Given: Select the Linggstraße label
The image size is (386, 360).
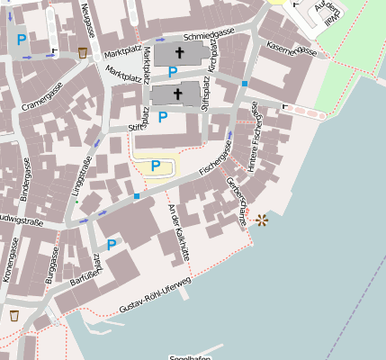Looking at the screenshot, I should click(x=81, y=176).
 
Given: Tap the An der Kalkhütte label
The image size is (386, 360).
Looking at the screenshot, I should click(x=178, y=232).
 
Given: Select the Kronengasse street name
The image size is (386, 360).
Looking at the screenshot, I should click(x=11, y=261).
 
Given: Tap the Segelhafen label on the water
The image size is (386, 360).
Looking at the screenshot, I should click(x=190, y=356).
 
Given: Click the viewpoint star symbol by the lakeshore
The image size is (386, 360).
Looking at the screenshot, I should click(x=262, y=220).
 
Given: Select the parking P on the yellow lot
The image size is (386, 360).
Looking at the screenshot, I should click(x=156, y=166).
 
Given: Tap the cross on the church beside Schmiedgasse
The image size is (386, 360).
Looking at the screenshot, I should click(x=177, y=54).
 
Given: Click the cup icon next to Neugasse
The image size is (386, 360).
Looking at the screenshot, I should click(x=83, y=52).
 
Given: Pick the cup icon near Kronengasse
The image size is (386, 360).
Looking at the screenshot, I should click(x=13, y=315).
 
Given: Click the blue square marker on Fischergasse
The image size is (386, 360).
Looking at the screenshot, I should click(x=137, y=196).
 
